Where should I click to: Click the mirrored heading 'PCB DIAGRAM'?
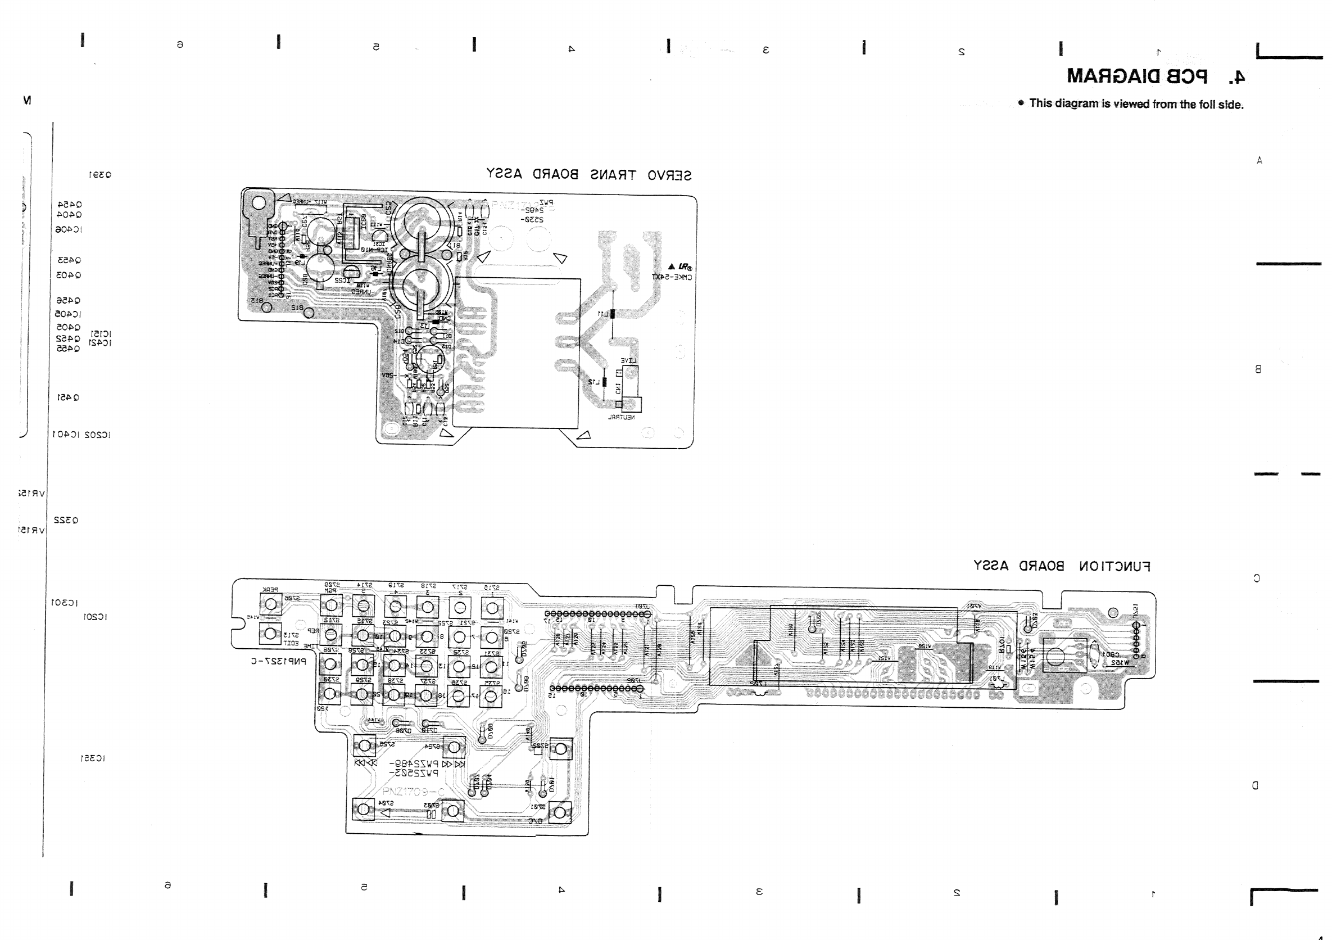(1137, 76)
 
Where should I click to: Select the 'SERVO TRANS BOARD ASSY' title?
(588, 175)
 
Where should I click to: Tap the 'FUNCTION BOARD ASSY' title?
(1061, 566)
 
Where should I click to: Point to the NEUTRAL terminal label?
(622, 417)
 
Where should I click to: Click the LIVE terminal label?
(629, 360)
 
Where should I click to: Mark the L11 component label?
(604, 314)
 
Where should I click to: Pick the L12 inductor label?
(594, 382)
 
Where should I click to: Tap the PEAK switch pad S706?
(270, 605)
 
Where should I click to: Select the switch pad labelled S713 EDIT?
(270, 634)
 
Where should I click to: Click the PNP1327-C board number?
(278, 661)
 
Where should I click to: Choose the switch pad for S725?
(364, 745)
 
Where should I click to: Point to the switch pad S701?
(560, 812)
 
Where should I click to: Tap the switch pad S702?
(560, 748)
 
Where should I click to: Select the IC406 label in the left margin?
(69, 230)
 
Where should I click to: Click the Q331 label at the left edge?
(100, 175)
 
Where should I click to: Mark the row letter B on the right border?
(1258, 369)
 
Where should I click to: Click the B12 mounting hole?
(308, 313)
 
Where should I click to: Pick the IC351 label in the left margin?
(92, 758)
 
